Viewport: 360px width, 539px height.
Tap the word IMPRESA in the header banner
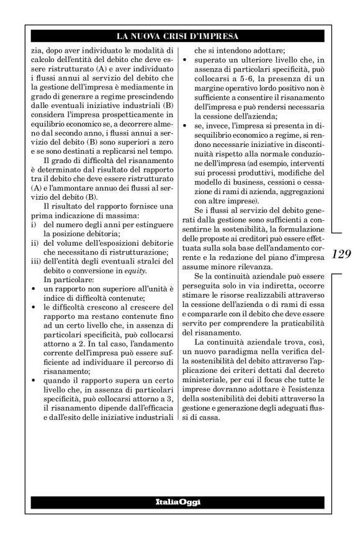pyautogui.click(x=223, y=36)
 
